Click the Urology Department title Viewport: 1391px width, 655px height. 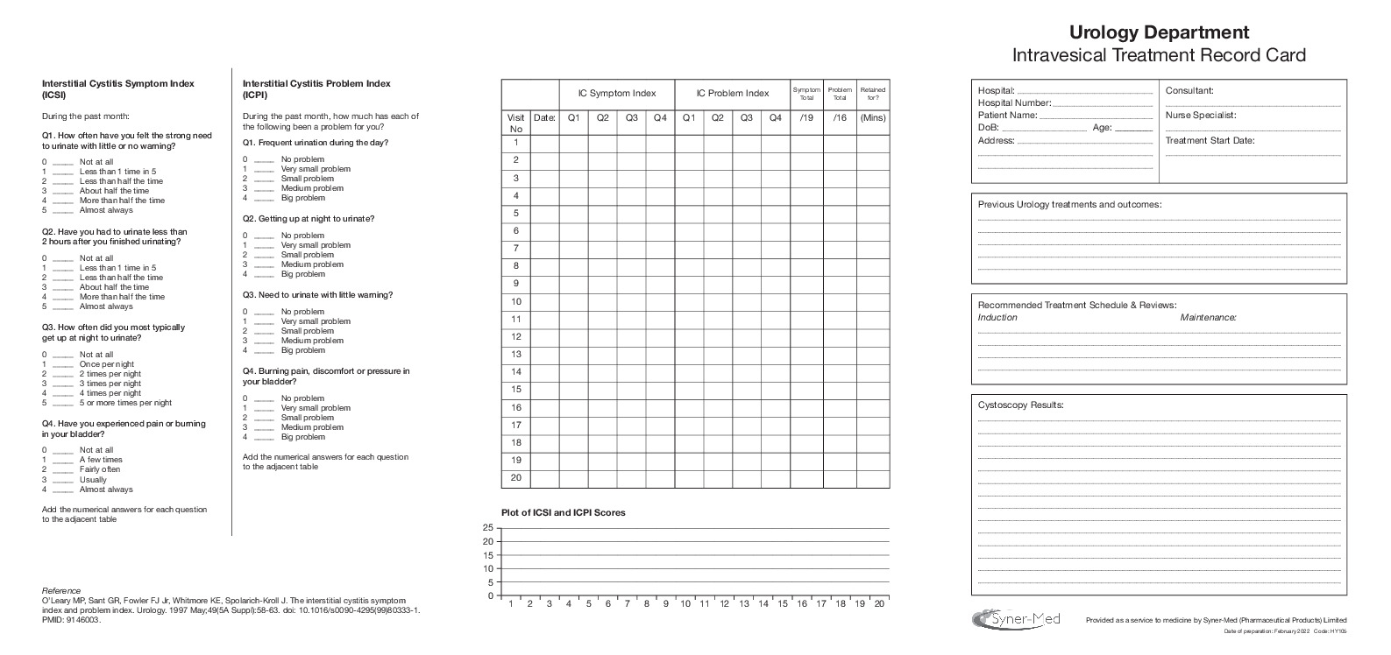(x=1159, y=32)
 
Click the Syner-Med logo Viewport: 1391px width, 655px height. (x=1017, y=618)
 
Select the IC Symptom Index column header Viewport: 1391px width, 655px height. (x=616, y=94)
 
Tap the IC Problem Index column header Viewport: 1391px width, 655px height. (x=732, y=94)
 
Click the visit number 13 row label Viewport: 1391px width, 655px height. (x=516, y=355)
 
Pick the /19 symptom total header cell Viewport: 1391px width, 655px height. (x=806, y=117)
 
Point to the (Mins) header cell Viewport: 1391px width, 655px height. (x=872, y=117)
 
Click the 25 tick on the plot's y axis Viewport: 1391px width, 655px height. (x=488, y=527)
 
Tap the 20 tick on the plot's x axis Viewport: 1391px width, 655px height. (x=879, y=603)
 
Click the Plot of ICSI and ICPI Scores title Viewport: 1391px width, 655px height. (x=563, y=512)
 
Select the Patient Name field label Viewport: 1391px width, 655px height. (x=1007, y=115)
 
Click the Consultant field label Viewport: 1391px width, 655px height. (x=1189, y=90)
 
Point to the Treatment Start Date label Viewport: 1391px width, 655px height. (x=1210, y=140)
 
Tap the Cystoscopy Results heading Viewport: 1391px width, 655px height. (x=1020, y=405)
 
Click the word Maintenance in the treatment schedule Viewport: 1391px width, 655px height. (x=1208, y=317)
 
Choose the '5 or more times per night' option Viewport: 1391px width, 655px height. (x=125, y=403)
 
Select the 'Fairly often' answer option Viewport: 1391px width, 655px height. (x=100, y=469)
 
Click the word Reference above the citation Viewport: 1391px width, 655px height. (x=61, y=590)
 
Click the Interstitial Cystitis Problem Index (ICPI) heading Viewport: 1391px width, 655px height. (x=316, y=89)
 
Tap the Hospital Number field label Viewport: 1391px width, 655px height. (x=1014, y=102)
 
